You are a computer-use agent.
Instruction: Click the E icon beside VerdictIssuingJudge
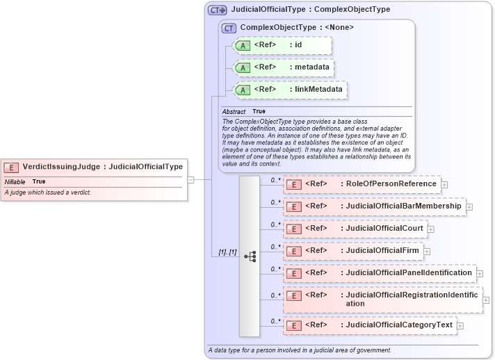(11, 167)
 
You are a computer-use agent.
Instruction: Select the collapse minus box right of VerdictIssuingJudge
(190, 179)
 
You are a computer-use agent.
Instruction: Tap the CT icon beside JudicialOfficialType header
(218, 10)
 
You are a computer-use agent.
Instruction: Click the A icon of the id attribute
(243, 45)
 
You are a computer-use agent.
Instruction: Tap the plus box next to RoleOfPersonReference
(444, 185)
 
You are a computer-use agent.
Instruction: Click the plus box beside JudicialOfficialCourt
(430, 229)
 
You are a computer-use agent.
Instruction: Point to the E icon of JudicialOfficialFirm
(293, 251)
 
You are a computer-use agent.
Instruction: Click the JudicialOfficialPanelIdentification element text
(406, 273)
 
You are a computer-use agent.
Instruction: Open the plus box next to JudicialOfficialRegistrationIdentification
(486, 300)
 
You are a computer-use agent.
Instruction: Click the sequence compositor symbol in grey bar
(250, 256)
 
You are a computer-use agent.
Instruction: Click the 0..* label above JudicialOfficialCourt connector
(275, 224)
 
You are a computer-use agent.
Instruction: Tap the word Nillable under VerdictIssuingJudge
(15, 181)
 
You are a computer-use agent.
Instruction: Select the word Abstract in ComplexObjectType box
(234, 111)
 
